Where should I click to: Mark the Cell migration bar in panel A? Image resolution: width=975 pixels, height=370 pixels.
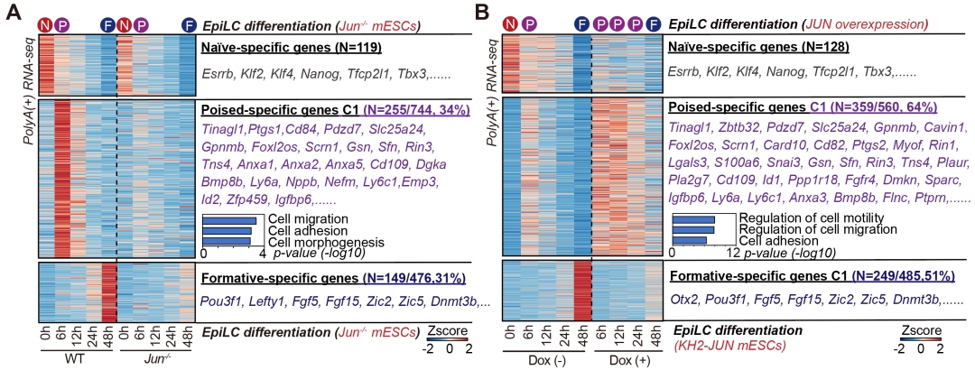230,220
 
